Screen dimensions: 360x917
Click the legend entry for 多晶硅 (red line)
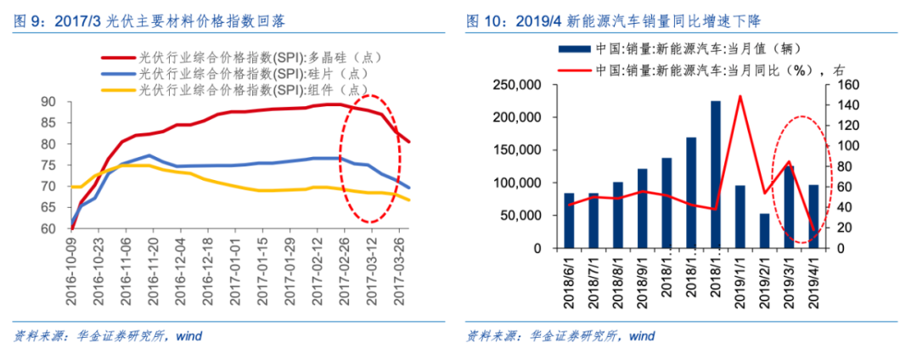(x=255, y=58)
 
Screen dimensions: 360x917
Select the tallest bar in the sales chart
(x=715, y=175)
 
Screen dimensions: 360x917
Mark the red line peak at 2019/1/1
(x=740, y=96)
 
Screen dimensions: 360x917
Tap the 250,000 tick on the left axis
(x=519, y=85)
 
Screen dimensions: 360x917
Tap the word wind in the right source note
(x=642, y=335)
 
